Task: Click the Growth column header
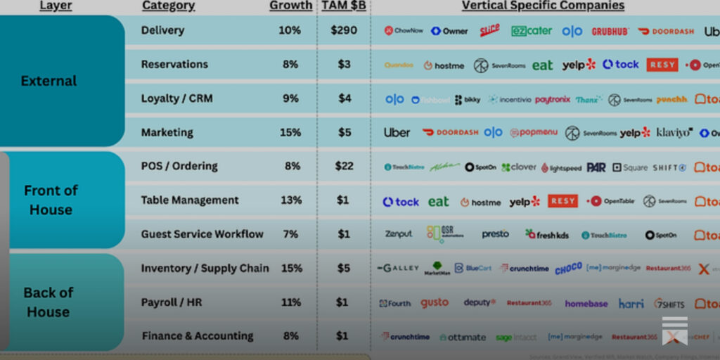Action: [x=290, y=6]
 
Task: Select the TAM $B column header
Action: [x=343, y=6]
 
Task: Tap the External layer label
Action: [x=49, y=81]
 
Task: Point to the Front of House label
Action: [x=51, y=200]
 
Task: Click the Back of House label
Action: [x=49, y=302]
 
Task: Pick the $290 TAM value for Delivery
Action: [x=344, y=30]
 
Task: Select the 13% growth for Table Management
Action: [x=290, y=200]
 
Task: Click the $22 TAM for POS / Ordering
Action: [x=344, y=166]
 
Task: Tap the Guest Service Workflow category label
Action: [x=202, y=234]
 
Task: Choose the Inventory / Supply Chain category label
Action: [x=205, y=268]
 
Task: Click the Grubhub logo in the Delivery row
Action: [x=610, y=32]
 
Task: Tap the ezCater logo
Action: [x=532, y=32]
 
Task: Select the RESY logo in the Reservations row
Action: [x=662, y=65]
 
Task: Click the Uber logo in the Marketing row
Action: [x=397, y=132]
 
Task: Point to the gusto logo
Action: [x=435, y=302]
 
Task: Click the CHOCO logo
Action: [x=568, y=269]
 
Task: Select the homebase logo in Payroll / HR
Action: [x=586, y=303]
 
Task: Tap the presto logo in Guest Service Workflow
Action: [x=495, y=234]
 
